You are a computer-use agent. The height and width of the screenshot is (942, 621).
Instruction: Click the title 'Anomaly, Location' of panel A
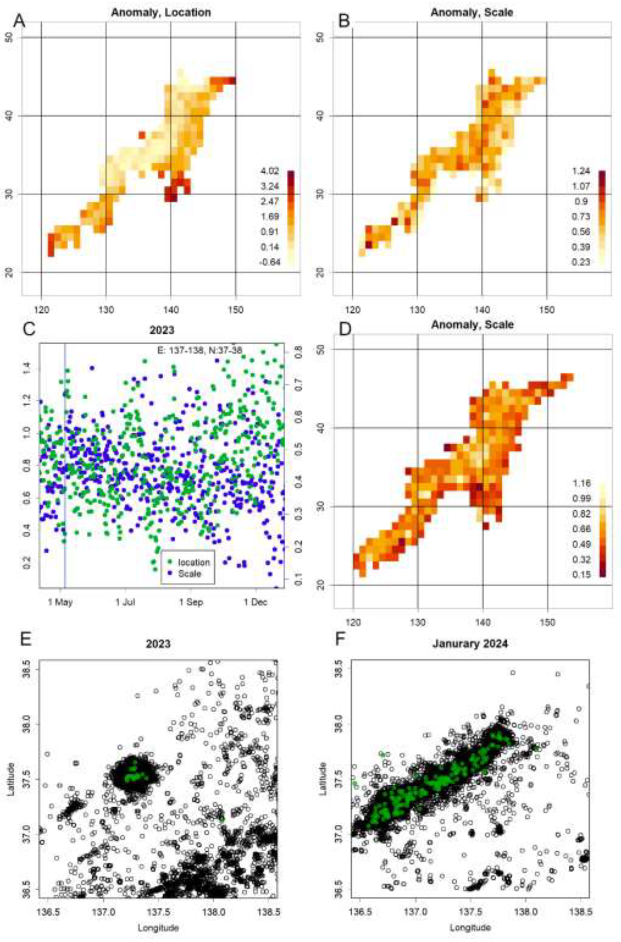(161, 12)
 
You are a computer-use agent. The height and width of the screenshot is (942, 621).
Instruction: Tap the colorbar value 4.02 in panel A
(270, 172)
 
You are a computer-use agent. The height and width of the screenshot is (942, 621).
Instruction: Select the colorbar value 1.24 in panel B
(581, 172)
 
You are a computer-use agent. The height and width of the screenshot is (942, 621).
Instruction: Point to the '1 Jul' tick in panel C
(125, 602)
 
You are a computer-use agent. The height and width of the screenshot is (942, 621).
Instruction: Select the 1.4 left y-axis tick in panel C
(27, 371)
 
